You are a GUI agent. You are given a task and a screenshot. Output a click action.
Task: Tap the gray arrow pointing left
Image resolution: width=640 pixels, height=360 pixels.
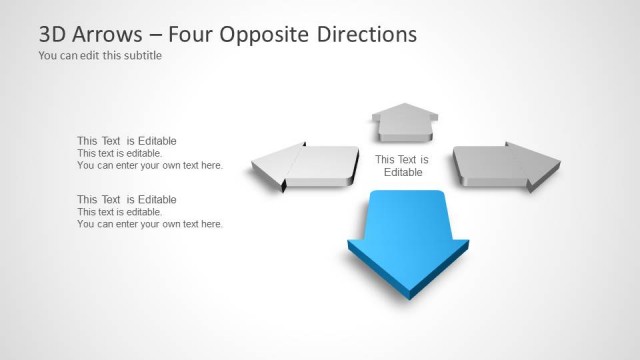click(305, 165)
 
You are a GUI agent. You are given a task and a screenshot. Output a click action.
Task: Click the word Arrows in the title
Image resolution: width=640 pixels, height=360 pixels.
click(108, 34)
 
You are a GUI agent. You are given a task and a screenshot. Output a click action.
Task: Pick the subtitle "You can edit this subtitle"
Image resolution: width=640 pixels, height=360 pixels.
click(100, 56)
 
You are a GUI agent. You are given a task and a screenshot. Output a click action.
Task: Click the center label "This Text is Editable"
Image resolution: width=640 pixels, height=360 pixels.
click(402, 166)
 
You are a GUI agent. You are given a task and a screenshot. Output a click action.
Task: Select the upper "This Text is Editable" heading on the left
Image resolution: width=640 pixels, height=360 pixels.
click(127, 141)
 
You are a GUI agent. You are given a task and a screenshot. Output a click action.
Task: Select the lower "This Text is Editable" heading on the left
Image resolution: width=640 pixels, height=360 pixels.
click(127, 199)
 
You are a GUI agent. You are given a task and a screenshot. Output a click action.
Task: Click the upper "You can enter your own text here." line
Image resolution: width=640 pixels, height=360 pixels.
click(150, 166)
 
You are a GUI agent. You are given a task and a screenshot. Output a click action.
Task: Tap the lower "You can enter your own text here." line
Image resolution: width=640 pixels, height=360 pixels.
click(150, 224)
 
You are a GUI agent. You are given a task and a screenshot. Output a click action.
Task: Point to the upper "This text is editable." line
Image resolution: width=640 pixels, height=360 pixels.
click(119, 154)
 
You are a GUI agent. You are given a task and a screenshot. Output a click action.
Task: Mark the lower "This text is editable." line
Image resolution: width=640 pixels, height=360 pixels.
click(119, 212)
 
